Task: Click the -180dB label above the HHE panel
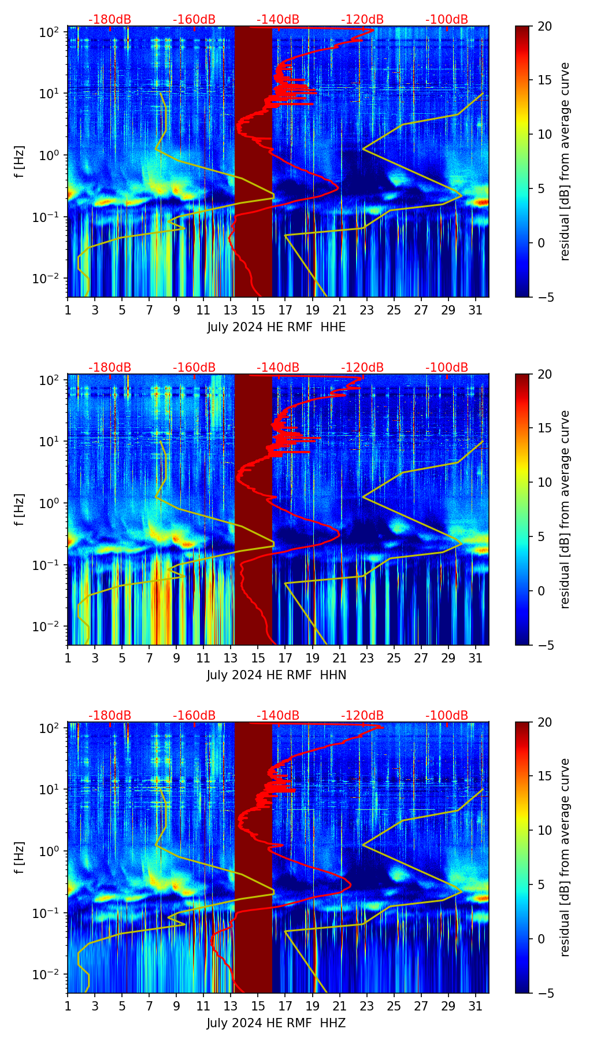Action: coord(110,20)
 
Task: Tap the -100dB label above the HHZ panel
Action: coord(447,716)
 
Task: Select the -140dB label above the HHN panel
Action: coord(278,368)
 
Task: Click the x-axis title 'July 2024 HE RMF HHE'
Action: coord(276,327)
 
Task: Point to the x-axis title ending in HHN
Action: coord(276,675)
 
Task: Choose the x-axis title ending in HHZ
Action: coord(276,1023)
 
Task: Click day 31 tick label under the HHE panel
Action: coord(476,310)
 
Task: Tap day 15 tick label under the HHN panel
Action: coord(258,658)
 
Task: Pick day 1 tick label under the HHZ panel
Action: coord(68,1006)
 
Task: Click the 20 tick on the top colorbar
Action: coord(544,26)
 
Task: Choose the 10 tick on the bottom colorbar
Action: coord(544,830)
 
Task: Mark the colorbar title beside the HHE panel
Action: coord(565,161)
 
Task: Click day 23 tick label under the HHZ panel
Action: coord(367,1006)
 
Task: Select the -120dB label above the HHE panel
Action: coord(362,20)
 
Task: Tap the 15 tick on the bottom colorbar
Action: coord(544,776)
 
